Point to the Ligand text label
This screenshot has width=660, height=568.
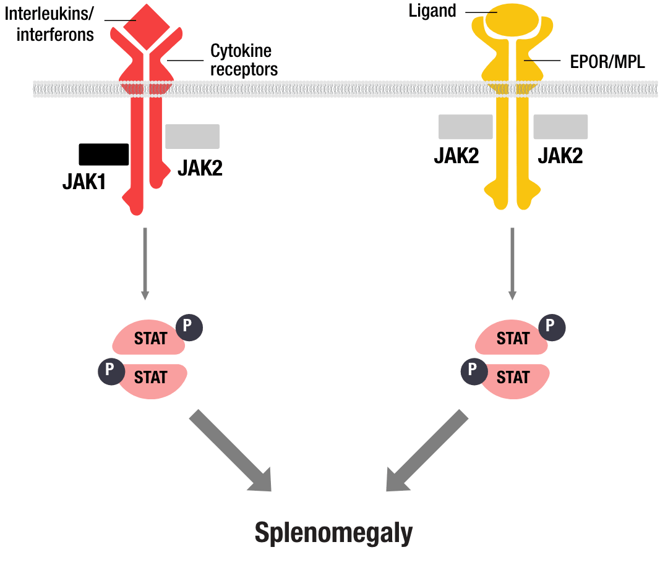[434, 11]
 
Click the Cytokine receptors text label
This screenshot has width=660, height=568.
[242, 60]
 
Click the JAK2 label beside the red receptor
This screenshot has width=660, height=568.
[199, 167]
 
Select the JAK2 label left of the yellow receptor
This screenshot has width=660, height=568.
[458, 155]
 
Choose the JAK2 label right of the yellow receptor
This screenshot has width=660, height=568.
[560, 155]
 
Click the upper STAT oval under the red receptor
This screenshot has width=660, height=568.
[148, 338]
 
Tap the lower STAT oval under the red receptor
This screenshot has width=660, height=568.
[152, 378]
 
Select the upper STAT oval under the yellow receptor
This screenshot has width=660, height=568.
[511, 338]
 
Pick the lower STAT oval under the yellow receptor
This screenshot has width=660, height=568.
[515, 378]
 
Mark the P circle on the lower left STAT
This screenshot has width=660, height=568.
[110, 370]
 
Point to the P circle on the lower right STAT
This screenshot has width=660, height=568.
[473, 370]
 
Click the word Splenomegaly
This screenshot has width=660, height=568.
[333, 533]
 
